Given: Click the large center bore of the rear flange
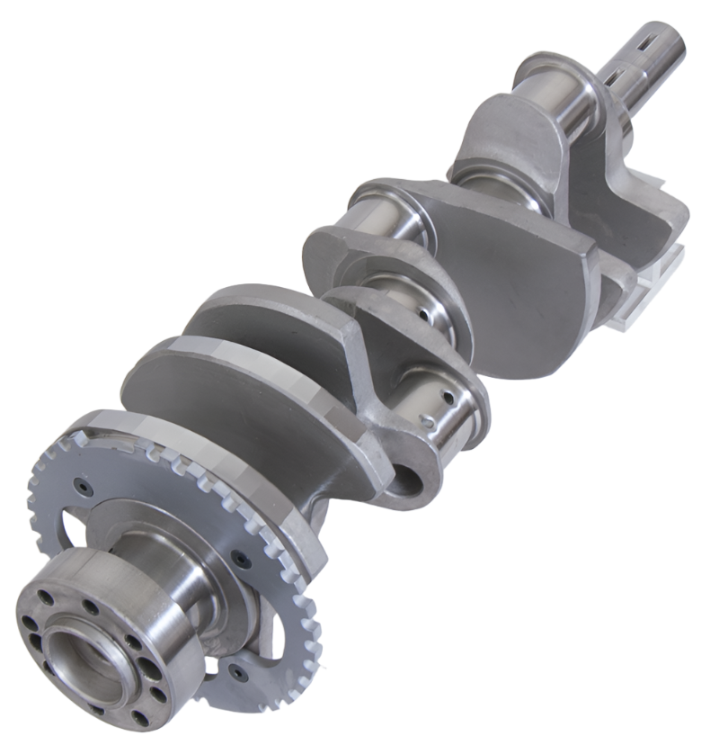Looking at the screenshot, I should tap(83, 663).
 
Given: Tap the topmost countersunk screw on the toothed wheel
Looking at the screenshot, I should tap(84, 487).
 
